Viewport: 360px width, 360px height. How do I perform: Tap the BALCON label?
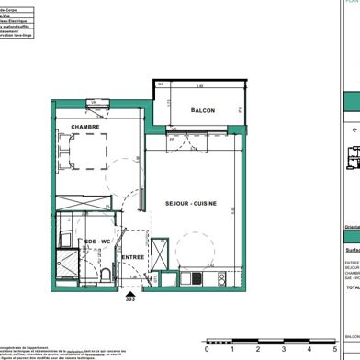coord(203,110)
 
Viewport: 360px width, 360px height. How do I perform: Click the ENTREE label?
coord(134,258)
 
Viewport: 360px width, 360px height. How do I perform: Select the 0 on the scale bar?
coord(208,349)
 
